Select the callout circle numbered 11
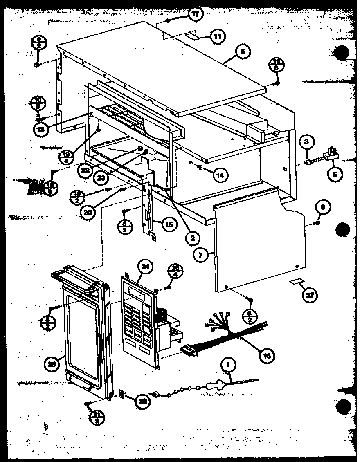click(218, 36)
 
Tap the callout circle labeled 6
click(243, 52)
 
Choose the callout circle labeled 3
click(307, 143)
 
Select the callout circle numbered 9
click(322, 208)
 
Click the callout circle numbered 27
click(310, 296)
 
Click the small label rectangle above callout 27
click(297, 282)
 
